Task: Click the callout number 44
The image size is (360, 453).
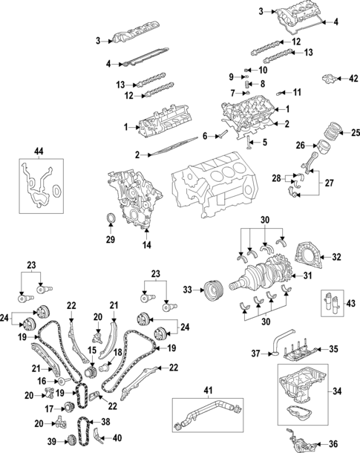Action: [x=39, y=151]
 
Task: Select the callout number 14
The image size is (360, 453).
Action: [x=147, y=245]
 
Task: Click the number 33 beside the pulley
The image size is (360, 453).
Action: [x=188, y=290]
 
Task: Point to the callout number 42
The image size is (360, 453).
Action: [x=353, y=79]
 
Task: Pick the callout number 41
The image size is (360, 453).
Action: [x=208, y=391]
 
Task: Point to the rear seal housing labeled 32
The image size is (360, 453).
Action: [x=307, y=256]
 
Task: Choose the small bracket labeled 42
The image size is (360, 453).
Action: [x=330, y=79]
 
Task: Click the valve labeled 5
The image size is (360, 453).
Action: [x=248, y=143]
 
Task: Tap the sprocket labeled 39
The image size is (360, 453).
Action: [x=69, y=441]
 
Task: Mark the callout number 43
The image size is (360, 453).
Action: [x=351, y=304]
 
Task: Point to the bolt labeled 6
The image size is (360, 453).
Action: [x=222, y=134]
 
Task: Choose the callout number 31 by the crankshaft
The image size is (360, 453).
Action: [x=308, y=276]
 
